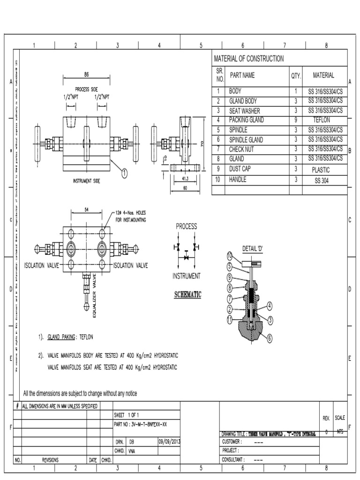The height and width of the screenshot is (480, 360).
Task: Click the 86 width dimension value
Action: click(x=86, y=74)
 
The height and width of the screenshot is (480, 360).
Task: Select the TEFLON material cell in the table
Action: click(x=321, y=120)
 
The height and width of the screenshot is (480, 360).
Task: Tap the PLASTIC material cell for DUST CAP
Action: click(x=321, y=170)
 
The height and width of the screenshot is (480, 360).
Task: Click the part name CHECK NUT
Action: click(x=243, y=150)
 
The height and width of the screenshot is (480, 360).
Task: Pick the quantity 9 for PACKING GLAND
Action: click(x=295, y=120)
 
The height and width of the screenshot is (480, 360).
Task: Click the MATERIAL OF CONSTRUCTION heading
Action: click(x=248, y=59)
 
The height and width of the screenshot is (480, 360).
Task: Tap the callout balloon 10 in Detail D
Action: click(x=230, y=256)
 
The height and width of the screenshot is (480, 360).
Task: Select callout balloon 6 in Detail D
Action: click(x=270, y=337)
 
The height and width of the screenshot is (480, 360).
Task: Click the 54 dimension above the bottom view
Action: click(x=87, y=210)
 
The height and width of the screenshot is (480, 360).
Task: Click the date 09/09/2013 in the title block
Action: click(x=170, y=442)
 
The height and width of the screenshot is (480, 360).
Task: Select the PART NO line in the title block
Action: click(x=141, y=424)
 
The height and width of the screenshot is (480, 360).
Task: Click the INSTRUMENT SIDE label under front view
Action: click(x=86, y=180)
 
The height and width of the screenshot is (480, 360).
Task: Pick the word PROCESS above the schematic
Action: click(x=186, y=226)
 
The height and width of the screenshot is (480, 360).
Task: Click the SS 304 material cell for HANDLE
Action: click(x=321, y=180)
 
